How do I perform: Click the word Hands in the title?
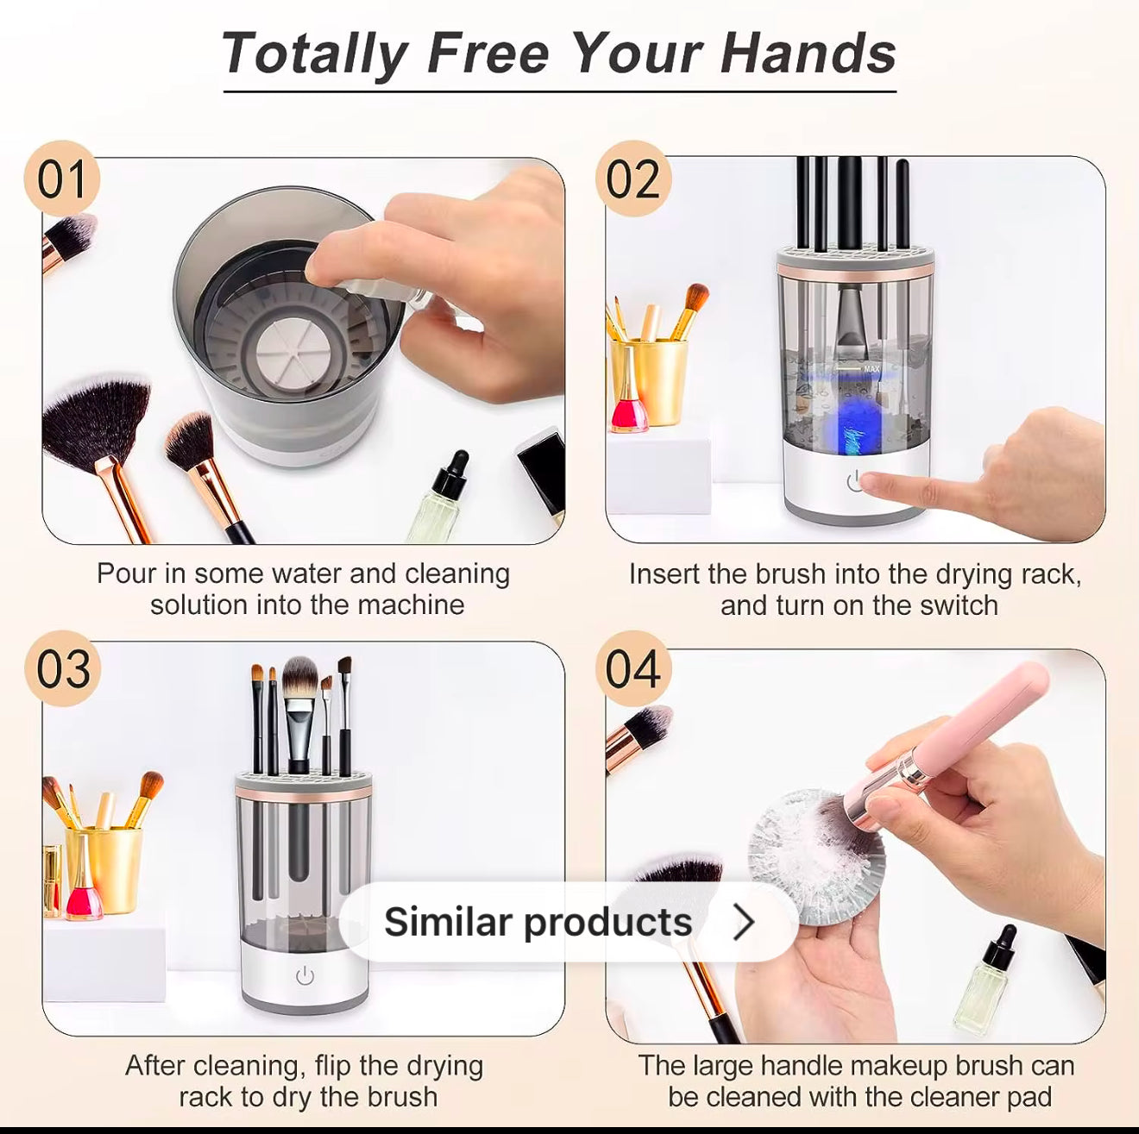click(808, 54)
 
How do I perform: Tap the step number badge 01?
click(61, 179)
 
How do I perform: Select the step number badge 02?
click(633, 179)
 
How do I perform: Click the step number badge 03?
click(63, 668)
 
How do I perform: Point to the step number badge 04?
click(633, 668)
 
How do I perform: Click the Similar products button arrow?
click(744, 921)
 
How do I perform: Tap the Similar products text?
click(538, 922)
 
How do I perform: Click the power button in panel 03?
click(305, 977)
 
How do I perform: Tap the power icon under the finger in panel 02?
click(854, 481)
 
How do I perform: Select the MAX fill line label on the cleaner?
click(872, 369)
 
